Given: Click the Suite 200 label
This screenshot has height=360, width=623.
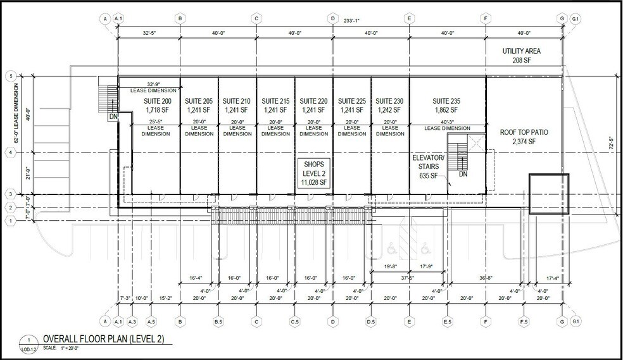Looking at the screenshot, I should (158, 101).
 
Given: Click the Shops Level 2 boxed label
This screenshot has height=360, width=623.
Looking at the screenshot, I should (314, 172).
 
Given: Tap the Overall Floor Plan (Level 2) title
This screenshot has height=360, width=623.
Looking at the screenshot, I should (103, 340).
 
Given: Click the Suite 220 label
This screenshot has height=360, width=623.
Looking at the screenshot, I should (313, 101).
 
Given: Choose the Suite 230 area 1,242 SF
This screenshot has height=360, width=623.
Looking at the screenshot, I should (389, 109).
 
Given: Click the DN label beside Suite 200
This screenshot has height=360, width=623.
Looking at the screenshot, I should (113, 116).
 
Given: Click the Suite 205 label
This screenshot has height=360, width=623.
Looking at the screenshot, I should (199, 101).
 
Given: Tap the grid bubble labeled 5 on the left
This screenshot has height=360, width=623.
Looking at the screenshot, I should (10, 76).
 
